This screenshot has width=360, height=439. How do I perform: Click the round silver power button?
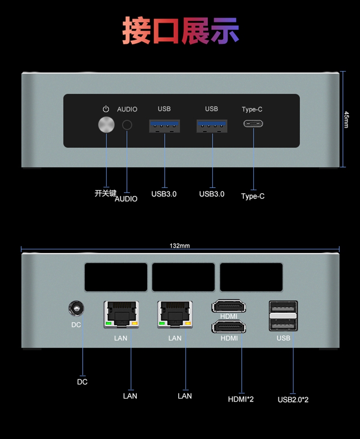(106, 125)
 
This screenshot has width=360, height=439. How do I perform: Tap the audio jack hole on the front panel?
(127, 125)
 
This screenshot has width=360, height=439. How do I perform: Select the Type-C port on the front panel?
(253, 123)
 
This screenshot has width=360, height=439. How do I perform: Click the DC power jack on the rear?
(76, 308)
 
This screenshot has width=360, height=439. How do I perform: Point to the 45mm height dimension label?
(346, 120)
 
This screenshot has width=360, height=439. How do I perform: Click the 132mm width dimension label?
(180, 246)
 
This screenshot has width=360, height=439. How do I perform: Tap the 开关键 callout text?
(105, 193)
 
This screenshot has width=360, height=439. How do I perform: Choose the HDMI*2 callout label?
(241, 399)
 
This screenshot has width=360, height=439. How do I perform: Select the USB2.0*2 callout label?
(293, 400)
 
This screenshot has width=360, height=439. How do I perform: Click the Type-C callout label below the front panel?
(253, 196)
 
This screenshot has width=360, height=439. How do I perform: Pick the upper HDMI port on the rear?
(229, 306)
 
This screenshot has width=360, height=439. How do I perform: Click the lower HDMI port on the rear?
(229, 327)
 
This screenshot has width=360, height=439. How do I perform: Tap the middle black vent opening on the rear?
(184, 277)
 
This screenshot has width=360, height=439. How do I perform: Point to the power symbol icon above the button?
(106, 109)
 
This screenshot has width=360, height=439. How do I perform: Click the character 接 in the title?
(137, 30)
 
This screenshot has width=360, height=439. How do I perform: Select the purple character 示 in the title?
(225, 30)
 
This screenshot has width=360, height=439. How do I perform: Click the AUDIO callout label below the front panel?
(126, 199)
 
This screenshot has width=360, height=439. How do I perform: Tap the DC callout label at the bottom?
(82, 382)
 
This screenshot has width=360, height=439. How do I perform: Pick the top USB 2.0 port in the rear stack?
(283, 308)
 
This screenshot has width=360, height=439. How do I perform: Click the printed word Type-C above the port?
(252, 109)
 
